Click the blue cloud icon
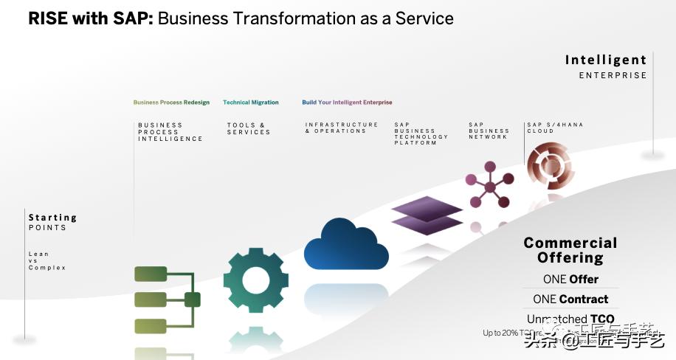click(345, 245)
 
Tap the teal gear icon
click(255, 280)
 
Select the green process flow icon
click(166, 300)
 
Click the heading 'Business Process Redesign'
click(171, 103)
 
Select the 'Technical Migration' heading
click(251, 103)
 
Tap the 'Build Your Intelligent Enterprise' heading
click(347, 103)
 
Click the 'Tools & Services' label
click(249, 128)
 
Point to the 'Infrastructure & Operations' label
click(342, 128)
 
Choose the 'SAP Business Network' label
click(489, 131)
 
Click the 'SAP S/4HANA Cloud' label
click(555, 128)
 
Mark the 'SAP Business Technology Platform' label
click(421, 134)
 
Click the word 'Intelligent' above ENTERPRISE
click(605, 60)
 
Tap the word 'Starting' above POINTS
click(52, 218)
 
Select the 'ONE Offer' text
click(570, 280)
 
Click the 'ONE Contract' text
click(570, 300)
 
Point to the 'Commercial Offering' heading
click(570, 250)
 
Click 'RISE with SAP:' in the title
click(91, 18)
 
